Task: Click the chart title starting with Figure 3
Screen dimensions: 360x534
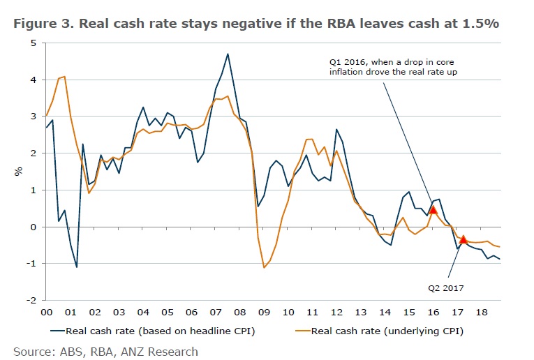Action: pyautogui.click(x=255, y=23)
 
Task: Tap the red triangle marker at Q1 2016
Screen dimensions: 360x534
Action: pyautogui.click(x=433, y=209)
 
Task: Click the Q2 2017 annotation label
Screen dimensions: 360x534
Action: pyautogui.click(x=446, y=286)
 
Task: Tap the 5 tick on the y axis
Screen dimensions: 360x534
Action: pyautogui.click(x=34, y=43)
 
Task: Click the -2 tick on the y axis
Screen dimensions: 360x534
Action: pyautogui.click(x=32, y=300)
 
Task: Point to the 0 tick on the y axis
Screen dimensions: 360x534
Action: pyautogui.click(x=34, y=227)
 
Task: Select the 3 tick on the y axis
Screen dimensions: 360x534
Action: pyautogui.click(x=34, y=117)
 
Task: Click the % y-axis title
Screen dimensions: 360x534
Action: pyautogui.click(x=20, y=171)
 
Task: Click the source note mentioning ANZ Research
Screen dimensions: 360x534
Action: pyautogui.click(x=105, y=351)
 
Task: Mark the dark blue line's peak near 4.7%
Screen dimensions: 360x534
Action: pyautogui.click(x=228, y=54)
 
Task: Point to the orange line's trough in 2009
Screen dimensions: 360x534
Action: pyautogui.click(x=264, y=267)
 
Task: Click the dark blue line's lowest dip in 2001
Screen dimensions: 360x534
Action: pyautogui.click(x=77, y=267)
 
